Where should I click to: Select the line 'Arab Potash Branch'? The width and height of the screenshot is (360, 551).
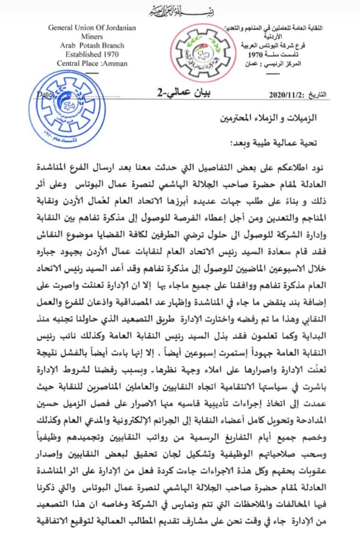click(x=92, y=46)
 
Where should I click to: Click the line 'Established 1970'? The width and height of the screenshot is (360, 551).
click(x=92, y=55)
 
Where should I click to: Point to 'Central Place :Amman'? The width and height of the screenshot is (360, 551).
click(x=92, y=63)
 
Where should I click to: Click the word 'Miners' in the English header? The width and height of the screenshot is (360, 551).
click(x=92, y=37)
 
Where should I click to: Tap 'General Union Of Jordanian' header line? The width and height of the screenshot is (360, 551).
click(x=92, y=28)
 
